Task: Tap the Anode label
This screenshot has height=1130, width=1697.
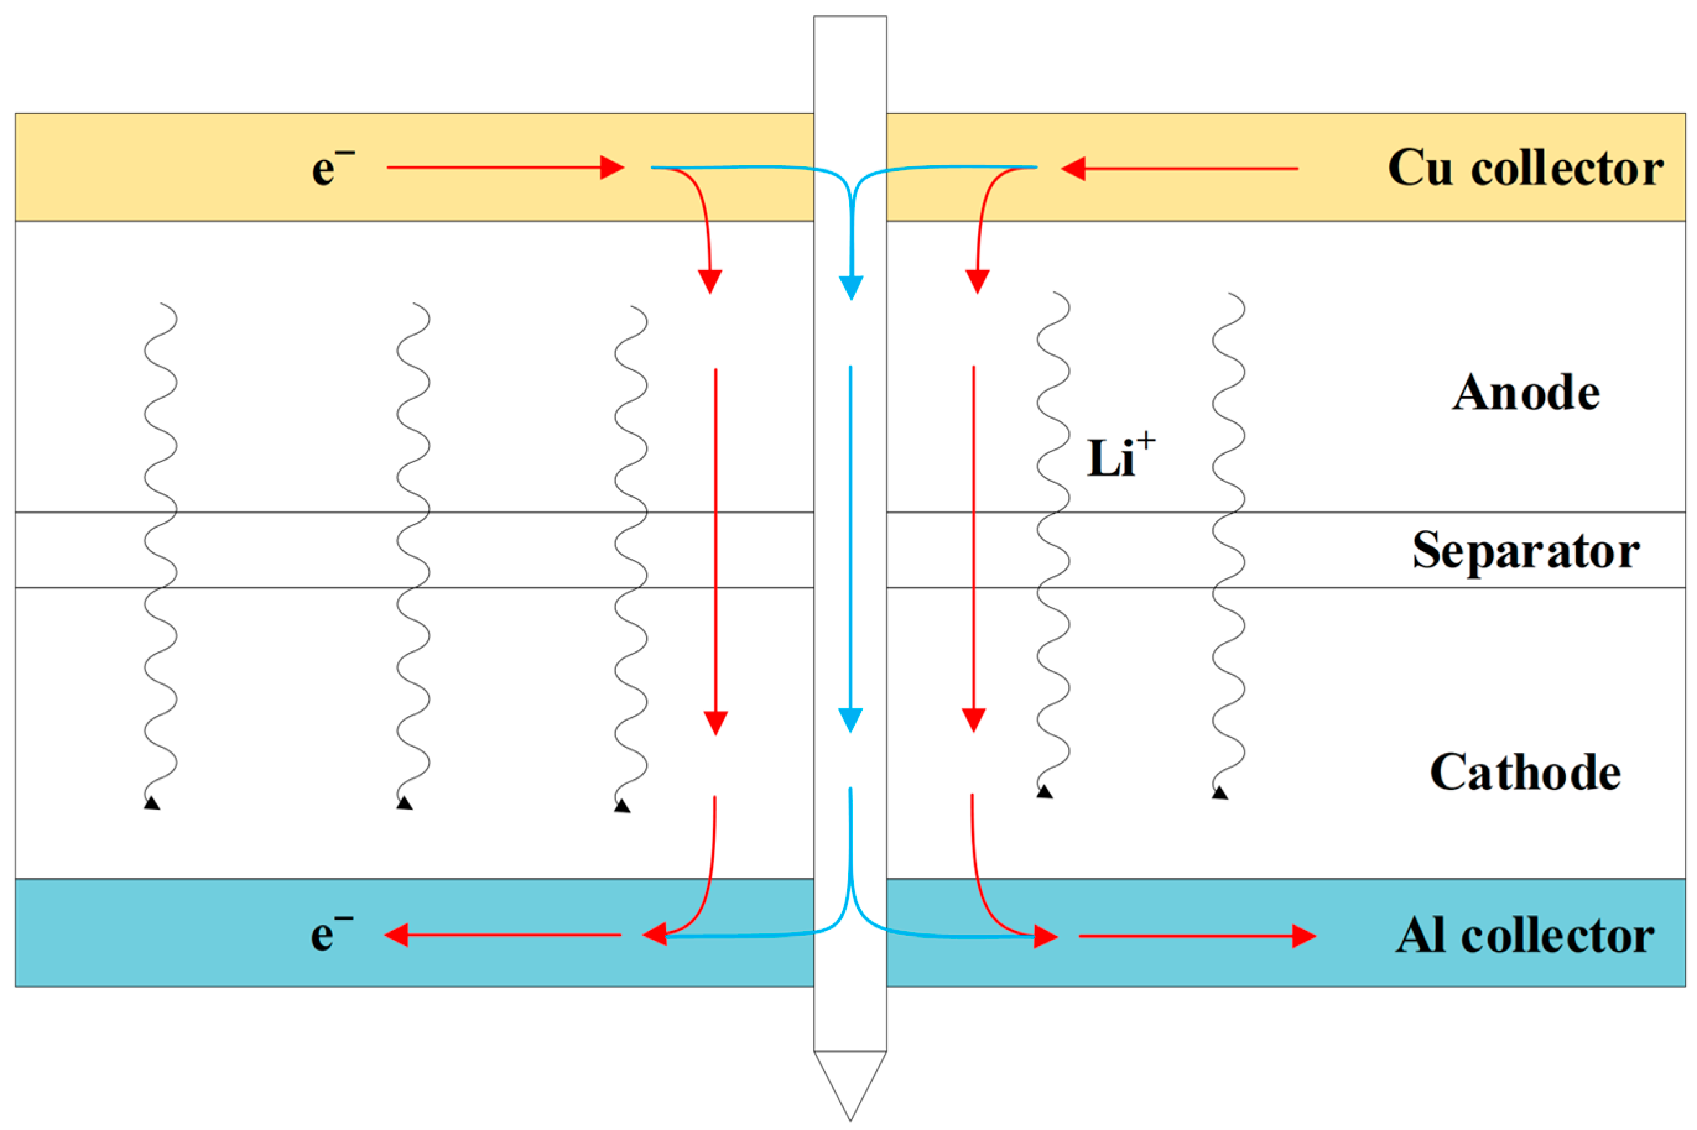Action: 1526,393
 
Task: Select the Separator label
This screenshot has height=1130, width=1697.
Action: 1526,551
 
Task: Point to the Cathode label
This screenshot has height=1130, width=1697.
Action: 1526,772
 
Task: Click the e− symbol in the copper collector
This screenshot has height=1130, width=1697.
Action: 333,167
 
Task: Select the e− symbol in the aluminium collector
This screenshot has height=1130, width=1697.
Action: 332,933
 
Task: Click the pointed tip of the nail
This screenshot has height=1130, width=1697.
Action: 850,1121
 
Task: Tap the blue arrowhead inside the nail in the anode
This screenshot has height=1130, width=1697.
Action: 852,288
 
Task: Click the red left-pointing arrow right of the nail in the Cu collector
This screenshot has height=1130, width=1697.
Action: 1180,169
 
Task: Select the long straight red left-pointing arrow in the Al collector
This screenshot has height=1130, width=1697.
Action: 503,935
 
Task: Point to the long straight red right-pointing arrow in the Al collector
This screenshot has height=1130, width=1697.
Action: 1198,936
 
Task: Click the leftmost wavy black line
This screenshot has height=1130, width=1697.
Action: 160,555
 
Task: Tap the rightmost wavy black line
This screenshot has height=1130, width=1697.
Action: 1228,544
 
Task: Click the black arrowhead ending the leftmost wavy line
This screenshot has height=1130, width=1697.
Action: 152,803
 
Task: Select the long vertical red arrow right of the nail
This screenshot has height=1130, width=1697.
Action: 974,549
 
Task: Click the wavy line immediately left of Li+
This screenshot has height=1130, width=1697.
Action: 1053,544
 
